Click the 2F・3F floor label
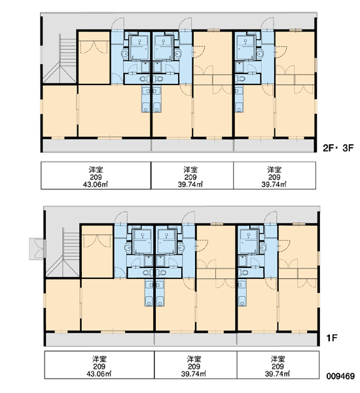click(338, 148)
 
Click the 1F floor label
click(332, 338)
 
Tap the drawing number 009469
click(340, 376)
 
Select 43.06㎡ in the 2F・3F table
click(95, 185)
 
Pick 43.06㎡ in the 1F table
click(99, 374)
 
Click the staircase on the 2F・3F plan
click(60, 59)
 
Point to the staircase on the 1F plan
click(63, 253)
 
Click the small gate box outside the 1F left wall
click(37, 249)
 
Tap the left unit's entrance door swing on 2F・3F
click(118, 24)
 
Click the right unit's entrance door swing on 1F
click(270, 217)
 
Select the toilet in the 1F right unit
click(243, 272)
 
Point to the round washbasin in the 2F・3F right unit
click(260, 54)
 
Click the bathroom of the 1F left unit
click(142, 241)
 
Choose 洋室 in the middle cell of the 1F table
click(194, 359)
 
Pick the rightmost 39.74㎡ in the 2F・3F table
click(274, 185)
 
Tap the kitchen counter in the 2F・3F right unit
click(239, 100)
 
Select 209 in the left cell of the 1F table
click(99, 367)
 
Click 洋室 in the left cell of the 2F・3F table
click(96, 170)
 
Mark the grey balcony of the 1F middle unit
click(196, 339)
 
